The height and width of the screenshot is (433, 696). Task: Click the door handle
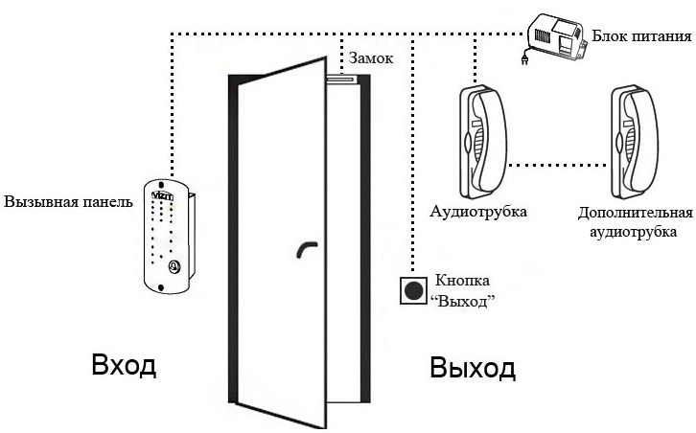[x=306, y=248]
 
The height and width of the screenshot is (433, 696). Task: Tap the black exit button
[x=414, y=290]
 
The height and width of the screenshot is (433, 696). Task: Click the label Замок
[x=371, y=58]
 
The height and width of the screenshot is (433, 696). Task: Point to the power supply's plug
[x=524, y=58]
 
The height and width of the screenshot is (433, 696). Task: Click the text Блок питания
[x=642, y=36]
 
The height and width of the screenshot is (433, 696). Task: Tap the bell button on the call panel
[x=174, y=266]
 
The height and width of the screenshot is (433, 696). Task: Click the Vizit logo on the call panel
[x=162, y=195]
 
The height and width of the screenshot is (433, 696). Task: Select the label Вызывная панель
[x=68, y=202]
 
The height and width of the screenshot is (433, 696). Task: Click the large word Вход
[x=124, y=365]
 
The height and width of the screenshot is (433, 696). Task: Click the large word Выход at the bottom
[x=473, y=368]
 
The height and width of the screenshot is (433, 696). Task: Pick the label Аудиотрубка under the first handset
[x=478, y=211]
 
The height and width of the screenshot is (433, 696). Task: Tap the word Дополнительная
[x=636, y=213]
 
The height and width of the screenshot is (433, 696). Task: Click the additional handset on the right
[x=635, y=142]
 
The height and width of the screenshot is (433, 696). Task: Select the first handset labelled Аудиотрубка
[x=483, y=142]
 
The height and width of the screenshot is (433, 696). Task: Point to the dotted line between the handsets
[x=559, y=165]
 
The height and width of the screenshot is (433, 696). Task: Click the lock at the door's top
[x=342, y=80]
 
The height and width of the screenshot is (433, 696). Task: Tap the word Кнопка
[x=462, y=281]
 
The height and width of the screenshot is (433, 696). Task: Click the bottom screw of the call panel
[x=161, y=287]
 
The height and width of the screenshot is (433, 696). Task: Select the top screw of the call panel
[x=161, y=184]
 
